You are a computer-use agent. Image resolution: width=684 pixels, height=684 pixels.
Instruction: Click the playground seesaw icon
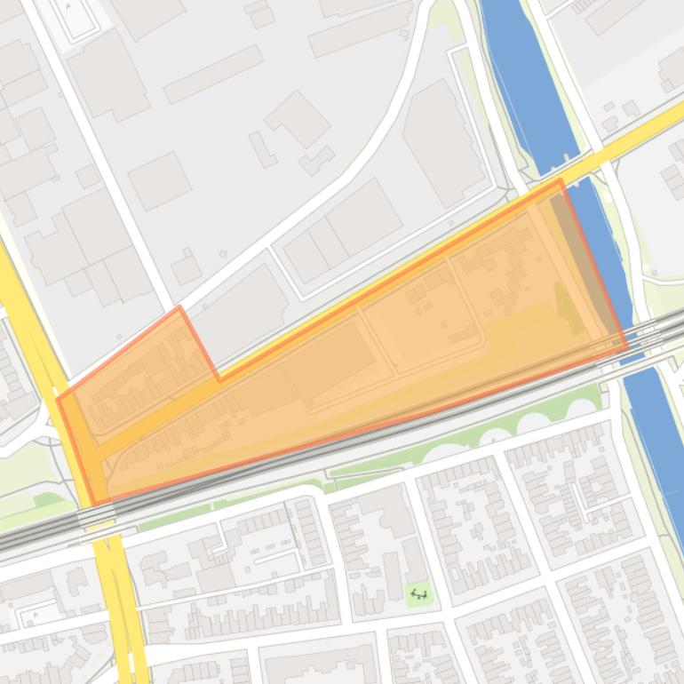pos(419,593)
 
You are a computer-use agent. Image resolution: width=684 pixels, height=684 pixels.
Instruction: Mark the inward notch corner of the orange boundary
pos(219,379)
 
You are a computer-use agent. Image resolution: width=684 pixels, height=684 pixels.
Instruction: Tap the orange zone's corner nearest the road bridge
pos(561,180)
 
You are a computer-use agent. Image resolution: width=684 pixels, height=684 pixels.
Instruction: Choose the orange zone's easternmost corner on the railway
pos(626,347)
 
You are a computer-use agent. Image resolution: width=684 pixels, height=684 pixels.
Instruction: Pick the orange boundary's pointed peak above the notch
pos(179,308)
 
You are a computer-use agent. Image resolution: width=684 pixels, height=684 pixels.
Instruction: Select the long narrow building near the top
pos(213,73)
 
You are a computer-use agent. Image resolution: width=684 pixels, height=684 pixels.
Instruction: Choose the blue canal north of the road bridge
pos(524,80)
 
